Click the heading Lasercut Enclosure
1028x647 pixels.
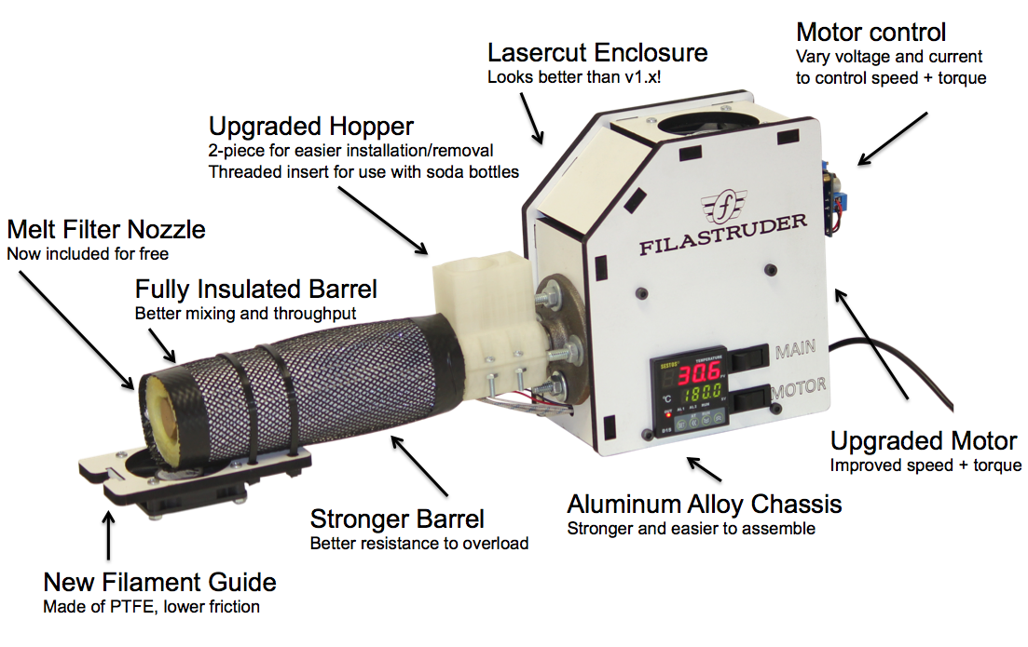pos(597,52)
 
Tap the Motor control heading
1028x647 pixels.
pos(870,32)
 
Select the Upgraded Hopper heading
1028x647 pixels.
pos(310,126)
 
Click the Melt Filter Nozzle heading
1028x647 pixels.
pos(106,229)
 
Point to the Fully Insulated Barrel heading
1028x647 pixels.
pos(255,289)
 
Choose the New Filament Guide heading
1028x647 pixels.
pos(159,582)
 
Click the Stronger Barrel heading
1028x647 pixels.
pos(397,519)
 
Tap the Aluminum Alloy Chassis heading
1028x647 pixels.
pos(704,504)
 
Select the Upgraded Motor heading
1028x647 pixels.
pos(924,440)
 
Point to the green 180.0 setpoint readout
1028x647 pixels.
pos(703,393)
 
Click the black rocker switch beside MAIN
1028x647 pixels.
pos(749,357)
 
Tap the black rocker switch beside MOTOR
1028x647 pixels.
pos(753,398)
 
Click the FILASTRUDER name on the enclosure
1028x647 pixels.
pos(723,234)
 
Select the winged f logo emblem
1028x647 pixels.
pos(724,207)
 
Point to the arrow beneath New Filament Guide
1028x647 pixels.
pos(109,535)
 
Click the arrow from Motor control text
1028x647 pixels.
pos(892,138)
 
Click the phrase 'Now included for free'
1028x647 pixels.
pos(88,253)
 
